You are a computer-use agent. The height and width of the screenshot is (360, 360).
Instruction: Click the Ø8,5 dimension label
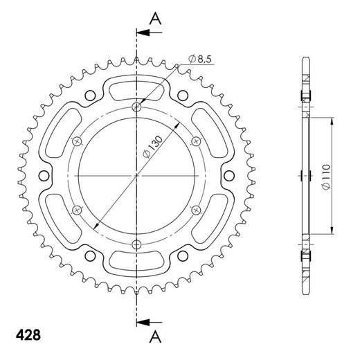(x=200, y=59)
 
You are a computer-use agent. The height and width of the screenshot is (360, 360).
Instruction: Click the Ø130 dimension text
(x=152, y=147)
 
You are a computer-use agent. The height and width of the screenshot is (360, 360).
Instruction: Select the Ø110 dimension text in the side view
(x=327, y=177)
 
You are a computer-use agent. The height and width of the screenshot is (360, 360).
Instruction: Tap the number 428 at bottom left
(x=28, y=335)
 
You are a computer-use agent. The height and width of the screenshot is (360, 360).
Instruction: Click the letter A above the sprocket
(x=155, y=19)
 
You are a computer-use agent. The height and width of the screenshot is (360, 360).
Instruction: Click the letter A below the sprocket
(x=155, y=336)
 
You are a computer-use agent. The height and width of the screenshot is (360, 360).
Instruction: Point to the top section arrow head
(x=142, y=33)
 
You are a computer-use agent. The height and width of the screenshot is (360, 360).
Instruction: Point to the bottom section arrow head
(x=142, y=322)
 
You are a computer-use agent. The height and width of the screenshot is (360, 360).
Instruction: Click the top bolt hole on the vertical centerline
(x=136, y=107)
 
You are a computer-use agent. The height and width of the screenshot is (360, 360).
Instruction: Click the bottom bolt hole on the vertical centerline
(x=136, y=244)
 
